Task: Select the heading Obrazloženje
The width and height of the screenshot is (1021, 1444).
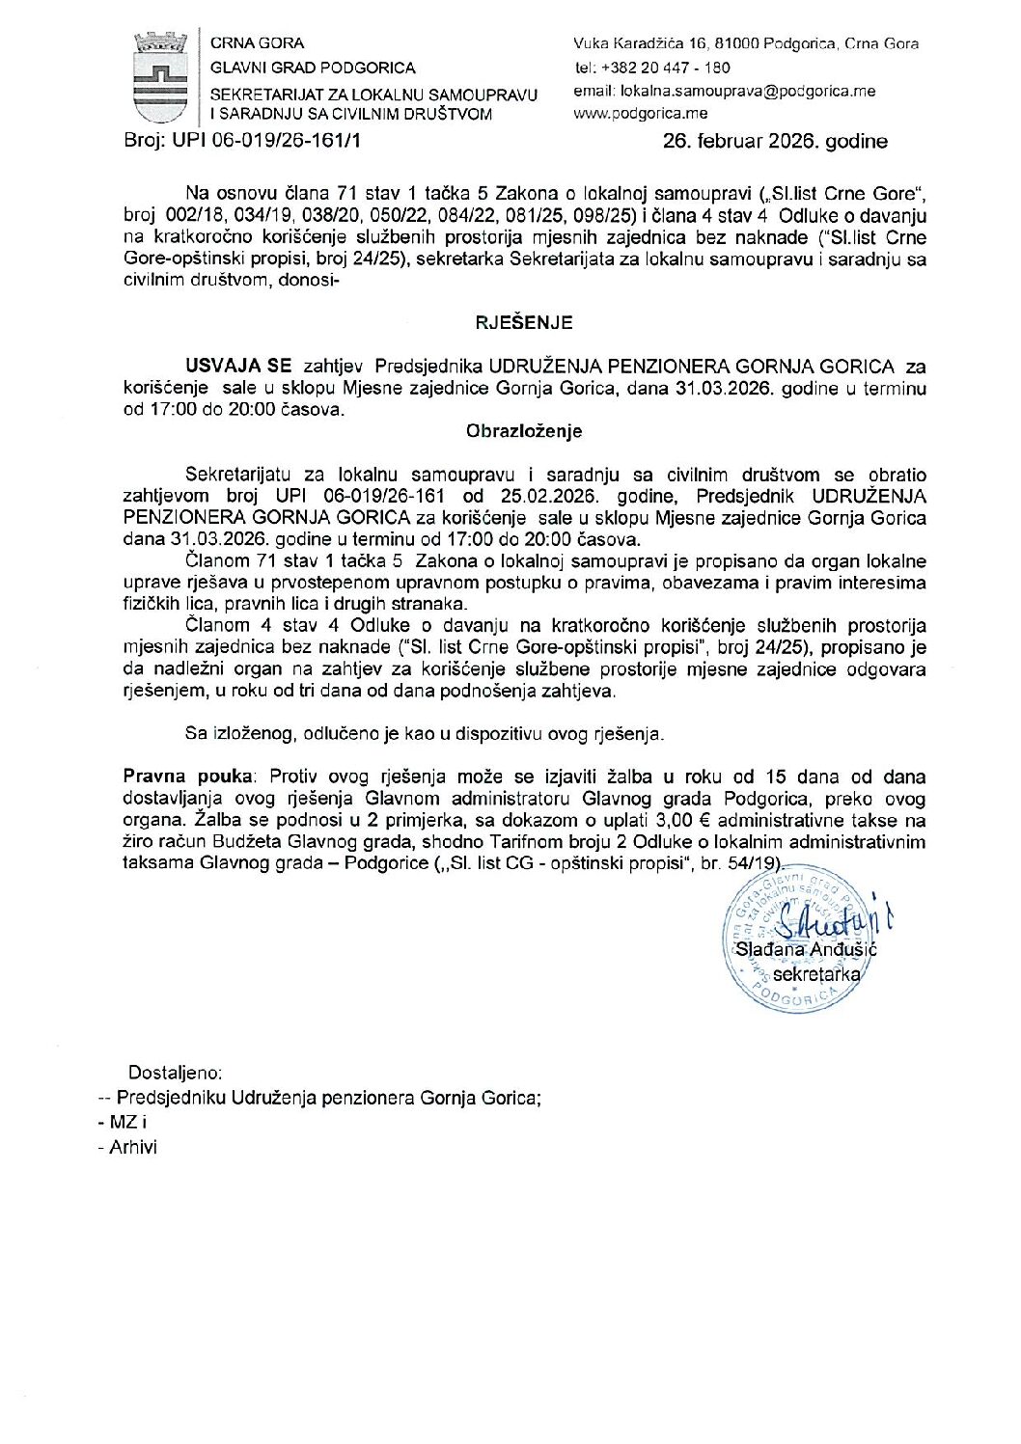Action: pos(524,431)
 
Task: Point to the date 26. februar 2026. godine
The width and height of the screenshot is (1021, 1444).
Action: pos(775,141)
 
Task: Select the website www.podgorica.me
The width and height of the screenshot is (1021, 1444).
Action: pos(641,113)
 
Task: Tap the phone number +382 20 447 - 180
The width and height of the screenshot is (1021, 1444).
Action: pos(665,68)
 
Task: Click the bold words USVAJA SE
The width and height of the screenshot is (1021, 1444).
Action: pos(238,366)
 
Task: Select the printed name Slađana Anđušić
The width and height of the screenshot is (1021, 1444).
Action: pos(806,949)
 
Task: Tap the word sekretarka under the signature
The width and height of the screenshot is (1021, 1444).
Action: pos(816,974)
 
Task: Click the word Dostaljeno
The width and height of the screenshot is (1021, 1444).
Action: pos(175,1073)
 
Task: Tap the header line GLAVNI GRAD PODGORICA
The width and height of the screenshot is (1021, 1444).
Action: pos(313,68)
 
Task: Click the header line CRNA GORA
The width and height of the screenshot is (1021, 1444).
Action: pos(257,43)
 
